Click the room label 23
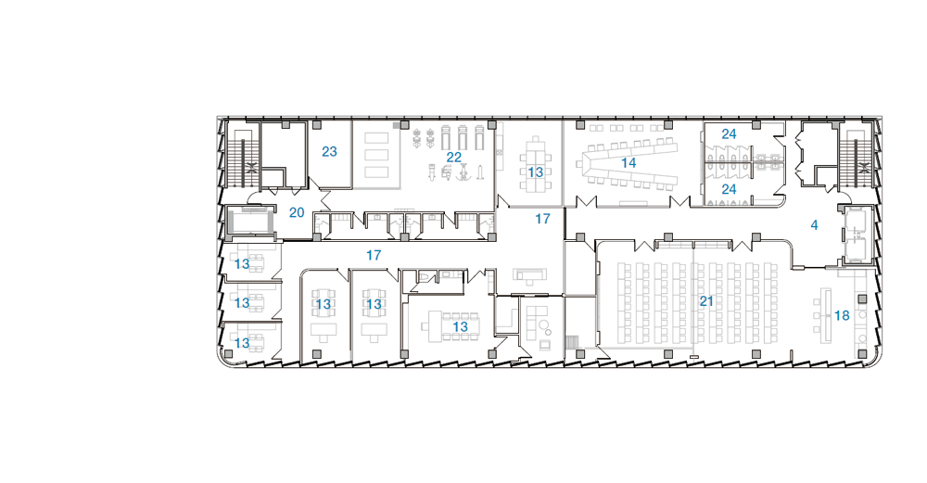329,152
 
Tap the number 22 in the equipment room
453,158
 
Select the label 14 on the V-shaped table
628,162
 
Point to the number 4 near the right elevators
814,225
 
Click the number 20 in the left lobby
297,213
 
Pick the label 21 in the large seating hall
706,301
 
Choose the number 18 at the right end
842,316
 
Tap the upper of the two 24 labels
729,134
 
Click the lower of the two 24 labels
729,189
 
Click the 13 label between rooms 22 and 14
535,172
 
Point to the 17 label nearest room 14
542,219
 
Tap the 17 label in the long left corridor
373,255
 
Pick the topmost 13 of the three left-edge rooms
242,264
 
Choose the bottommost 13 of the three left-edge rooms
242,343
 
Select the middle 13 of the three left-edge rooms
242,303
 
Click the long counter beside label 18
826,315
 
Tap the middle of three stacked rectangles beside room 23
376,155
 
